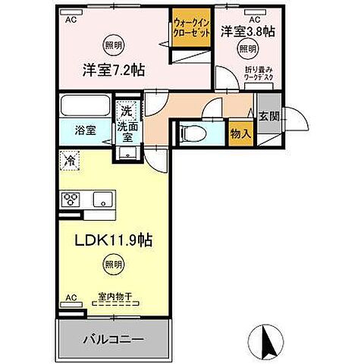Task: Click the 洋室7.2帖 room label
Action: pyautogui.click(x=114, y=71)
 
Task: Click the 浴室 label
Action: pyautogui.click(x=85, y=130)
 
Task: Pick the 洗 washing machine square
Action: pyautogui.click(x=127, y=111)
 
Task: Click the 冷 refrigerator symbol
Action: pyautogui.click(x=70, y=161)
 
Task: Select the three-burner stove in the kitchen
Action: pyautogui.click(x=71, y=199)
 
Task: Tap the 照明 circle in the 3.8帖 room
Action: pyautogui.click(x=247, y=49)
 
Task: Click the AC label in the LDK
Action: pyautogui.click(x=71, y=298)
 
